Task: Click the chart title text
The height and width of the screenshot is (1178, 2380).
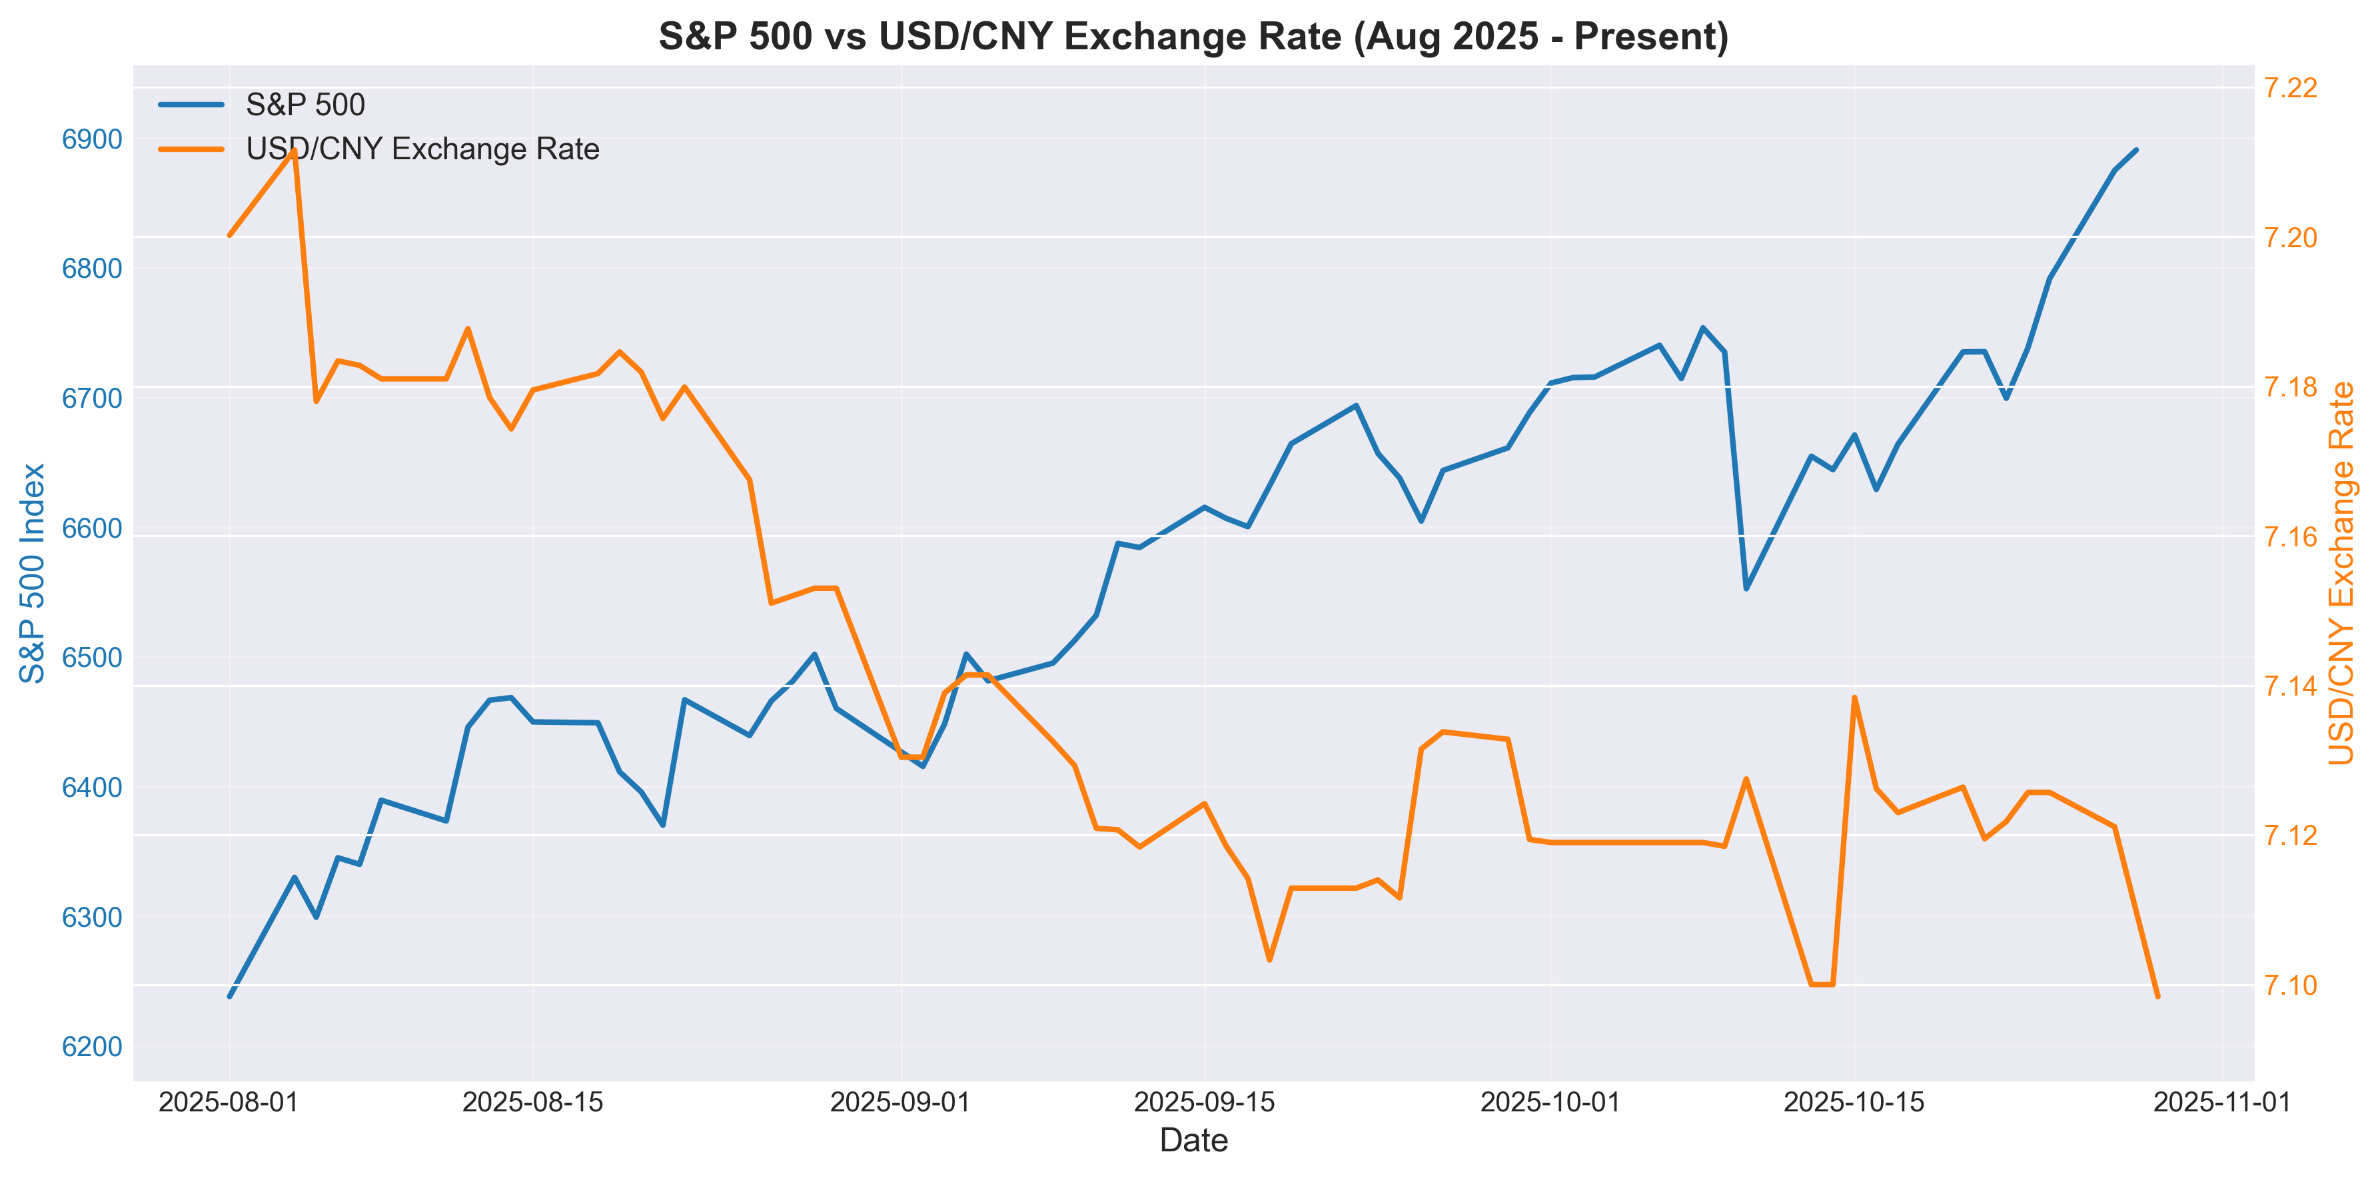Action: [1193, 37]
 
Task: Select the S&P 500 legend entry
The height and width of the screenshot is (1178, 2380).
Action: [305, 105]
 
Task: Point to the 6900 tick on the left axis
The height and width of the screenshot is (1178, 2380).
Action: [91, 139]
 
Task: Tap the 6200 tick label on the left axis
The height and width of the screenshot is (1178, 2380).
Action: [91, 1047]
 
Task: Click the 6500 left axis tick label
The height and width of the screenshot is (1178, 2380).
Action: [91, 658]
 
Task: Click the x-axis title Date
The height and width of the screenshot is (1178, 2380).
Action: [1193, 1141]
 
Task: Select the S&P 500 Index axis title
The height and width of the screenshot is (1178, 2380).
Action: [33, 573]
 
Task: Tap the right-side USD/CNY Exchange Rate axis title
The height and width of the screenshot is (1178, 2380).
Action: [2341, 573]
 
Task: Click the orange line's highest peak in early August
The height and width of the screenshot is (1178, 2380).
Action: [294, 150]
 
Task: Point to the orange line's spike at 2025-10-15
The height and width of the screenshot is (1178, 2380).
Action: [1854, 698]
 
